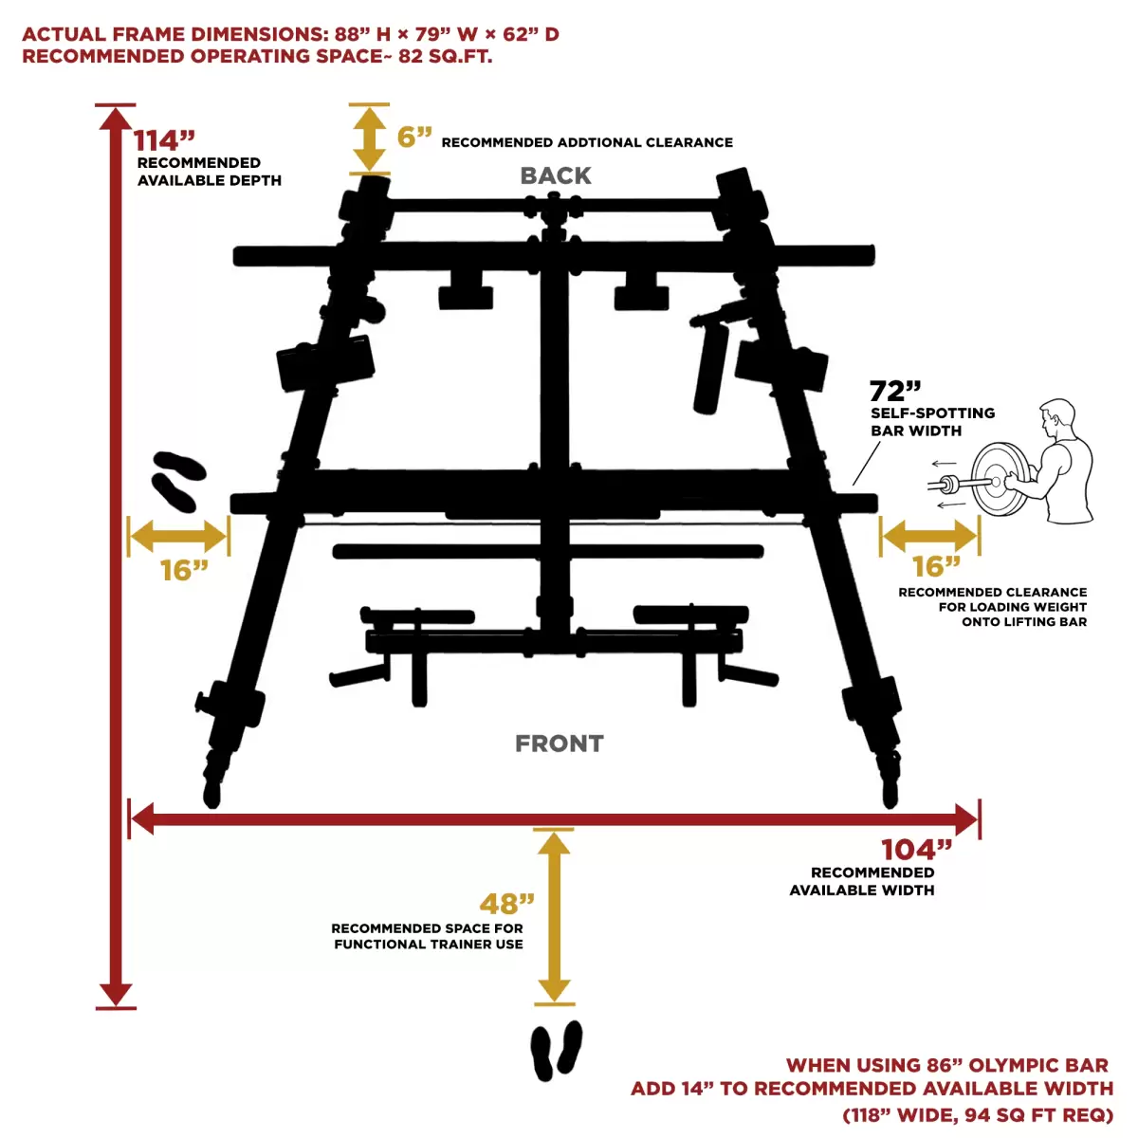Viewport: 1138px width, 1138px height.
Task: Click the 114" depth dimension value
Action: pyautogui.click(x=163, y=140)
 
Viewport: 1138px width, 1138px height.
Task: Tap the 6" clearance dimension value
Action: pyautogui.click(x=414, y=137)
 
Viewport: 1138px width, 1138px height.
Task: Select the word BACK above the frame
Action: pyautogui.click(x=555, y=175)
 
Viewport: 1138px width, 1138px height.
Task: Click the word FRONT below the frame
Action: pyautogui.click(x=560, y=743)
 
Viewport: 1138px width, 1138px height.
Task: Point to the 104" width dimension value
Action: pyautogui.click(x=916, y=850)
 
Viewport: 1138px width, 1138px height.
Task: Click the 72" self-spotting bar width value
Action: pyautogui.click(x=895, y=391)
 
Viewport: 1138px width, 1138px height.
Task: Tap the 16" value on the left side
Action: pyautogui.click(x=184, y=571)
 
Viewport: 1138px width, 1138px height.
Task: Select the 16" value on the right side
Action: pyautogui.click(x=935, y=566)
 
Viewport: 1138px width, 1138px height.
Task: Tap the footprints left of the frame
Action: pyautogui.click(x=178, y=482)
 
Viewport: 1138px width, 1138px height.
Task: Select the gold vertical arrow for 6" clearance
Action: pyautogui.click(x=369, y=139)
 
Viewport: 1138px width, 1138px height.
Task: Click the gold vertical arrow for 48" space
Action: pyautogui.click(x=554, y=916)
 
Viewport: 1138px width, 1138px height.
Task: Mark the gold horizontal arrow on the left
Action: pyautogui.click(x=178, y=536)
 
